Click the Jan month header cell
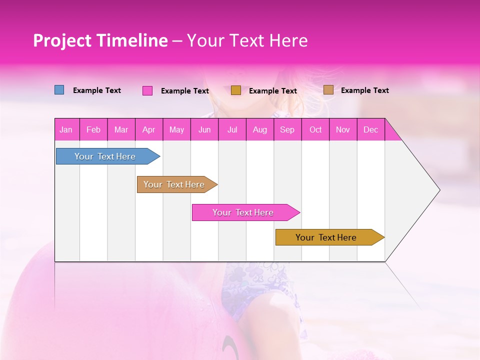coord(66,130)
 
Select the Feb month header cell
coord(93,130)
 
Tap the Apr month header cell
coord(149,130)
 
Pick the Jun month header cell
coord(204,130)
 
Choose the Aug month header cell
coord(260,130)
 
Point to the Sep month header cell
coord(287,130)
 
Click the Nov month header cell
coord(343,130)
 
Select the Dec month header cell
coord(371,130)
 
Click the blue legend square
coord(59,90)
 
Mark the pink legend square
coord(147,90)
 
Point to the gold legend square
coord(236,90)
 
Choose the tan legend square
coord(328,90)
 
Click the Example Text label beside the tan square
coord(364,90)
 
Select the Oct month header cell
coord(315,130)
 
